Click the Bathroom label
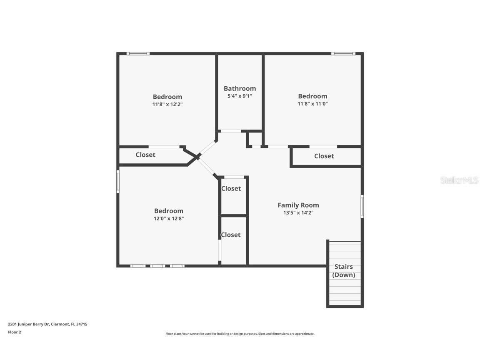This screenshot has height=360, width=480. pos(240,88)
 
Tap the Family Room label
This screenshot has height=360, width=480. pos(298,205)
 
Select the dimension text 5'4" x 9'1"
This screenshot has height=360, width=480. pos(240,96)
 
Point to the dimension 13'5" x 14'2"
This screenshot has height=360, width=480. pos(298,212)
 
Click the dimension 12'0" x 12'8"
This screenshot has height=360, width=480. pos(169,218)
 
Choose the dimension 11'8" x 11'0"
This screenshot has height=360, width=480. pos(312,104)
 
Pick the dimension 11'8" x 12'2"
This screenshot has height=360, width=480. pos(167,104)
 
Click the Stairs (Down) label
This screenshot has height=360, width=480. pos(344,271)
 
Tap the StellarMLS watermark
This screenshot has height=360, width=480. pos(459,180)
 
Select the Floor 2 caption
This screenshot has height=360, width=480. pos(14,332)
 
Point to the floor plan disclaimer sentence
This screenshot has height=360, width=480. pos(240,334)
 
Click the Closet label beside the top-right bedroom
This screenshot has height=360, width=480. pos(324,156)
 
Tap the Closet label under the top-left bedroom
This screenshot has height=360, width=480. pos(145,155)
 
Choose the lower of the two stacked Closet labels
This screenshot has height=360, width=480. pos(231,235)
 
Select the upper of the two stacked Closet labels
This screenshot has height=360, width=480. pos(231,188)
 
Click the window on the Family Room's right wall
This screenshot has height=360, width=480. pos(362,206)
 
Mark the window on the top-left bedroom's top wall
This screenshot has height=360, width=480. pos(138,53)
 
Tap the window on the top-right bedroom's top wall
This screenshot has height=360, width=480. pos(343,53)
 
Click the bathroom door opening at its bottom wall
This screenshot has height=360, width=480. pos(230,131)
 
